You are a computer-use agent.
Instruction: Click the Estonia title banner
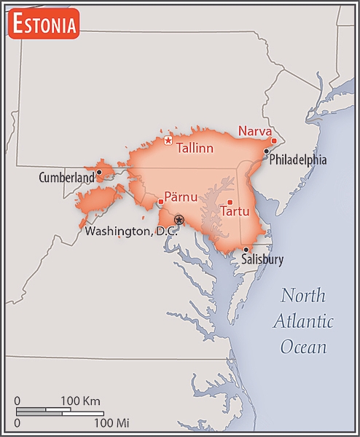[x=43, y=24]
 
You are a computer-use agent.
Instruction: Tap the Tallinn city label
[x=195, y=149]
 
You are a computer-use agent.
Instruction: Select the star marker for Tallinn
[x=168, y=141]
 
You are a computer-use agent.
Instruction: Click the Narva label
[x=254, y=131]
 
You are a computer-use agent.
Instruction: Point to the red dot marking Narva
[x=274, y=141]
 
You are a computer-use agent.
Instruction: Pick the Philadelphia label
[x=298, y=160]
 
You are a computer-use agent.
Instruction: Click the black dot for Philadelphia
[x=267, y=151]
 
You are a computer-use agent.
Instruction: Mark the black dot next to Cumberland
[x=99, y=173]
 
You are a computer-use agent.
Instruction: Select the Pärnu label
[x=181, y=197]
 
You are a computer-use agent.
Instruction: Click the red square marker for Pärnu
[x=160, y=202]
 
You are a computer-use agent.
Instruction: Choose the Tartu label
[x=235, y=212]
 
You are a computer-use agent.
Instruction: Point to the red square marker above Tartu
[x=230, y=202]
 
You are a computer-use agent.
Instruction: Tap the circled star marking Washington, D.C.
[x=179, y=219]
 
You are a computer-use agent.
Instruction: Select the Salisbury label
[x=262, y=259]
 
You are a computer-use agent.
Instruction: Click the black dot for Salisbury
[x=246, y=249]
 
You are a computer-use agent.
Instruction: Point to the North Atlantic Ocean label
[x=303, y=320]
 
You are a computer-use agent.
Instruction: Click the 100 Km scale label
[x=79, y=401]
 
